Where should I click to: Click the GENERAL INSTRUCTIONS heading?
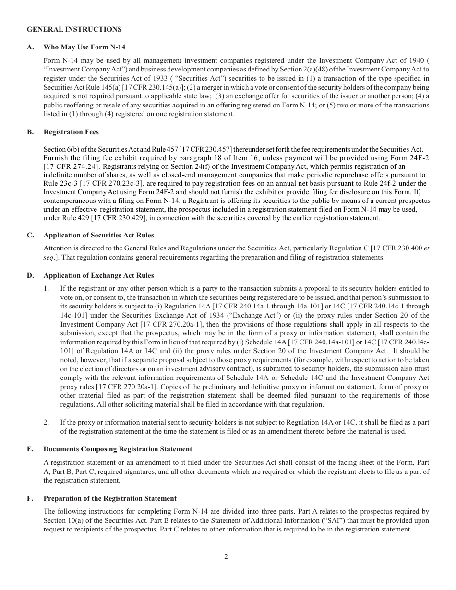pyautogui.click(x=74, y=29)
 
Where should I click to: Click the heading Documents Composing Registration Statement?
pyautogui.click(x=118, y=449)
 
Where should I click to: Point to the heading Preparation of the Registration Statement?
pyautogui.click(x=110, y=498)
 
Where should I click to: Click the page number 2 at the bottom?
pyautogui.click(x=226, y=556)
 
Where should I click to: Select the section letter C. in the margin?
pyautogui.click(x=30, y=235)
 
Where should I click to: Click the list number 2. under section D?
pyautogui.click(x=47, y=422)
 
